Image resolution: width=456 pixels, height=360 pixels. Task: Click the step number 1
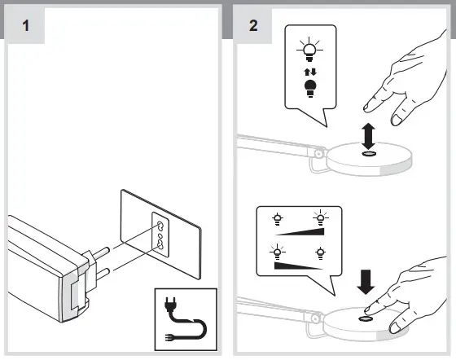(x=26, y=25)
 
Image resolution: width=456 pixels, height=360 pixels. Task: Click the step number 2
(x=253, y=25)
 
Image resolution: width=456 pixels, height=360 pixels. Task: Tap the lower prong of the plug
(x=103, y=274)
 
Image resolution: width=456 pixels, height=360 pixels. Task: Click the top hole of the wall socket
(x=160, y=225)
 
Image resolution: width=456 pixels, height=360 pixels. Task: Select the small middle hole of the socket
(x=160, y=235)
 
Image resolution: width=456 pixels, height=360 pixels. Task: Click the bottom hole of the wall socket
(x=160, y=245)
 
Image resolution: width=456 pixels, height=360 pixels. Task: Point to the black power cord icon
(x=186, y=319)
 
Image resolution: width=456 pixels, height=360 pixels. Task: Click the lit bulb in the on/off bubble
(x=309, y=50)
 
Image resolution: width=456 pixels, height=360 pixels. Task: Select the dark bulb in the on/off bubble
(x=310, y=89)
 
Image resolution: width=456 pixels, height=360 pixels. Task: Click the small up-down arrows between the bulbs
(x=310, y=72)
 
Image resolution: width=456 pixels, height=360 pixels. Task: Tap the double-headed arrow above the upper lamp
(x=368, y=136)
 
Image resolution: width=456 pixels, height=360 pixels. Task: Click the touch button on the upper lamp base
(x=368, y=154)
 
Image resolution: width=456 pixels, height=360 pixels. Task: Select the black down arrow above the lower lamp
(x=366, y=282)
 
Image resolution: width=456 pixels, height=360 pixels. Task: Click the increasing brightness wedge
(x=300, y=232)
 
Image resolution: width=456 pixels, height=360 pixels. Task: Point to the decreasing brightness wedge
(x=298, y=266)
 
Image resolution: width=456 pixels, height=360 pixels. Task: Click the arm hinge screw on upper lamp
(x=318, y=152)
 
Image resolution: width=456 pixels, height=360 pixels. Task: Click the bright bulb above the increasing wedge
(x=321, y=217)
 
